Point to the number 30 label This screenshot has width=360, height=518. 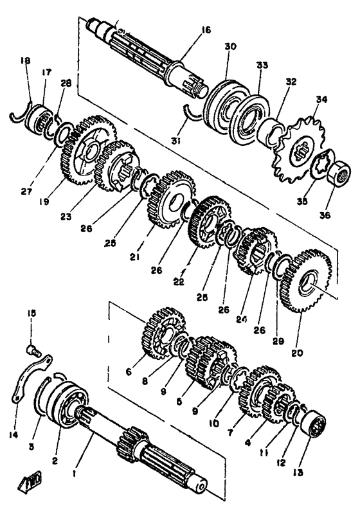pyautogui.click(x=231, y=48)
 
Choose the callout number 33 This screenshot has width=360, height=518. pyautogui.click(x=261, y=66)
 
